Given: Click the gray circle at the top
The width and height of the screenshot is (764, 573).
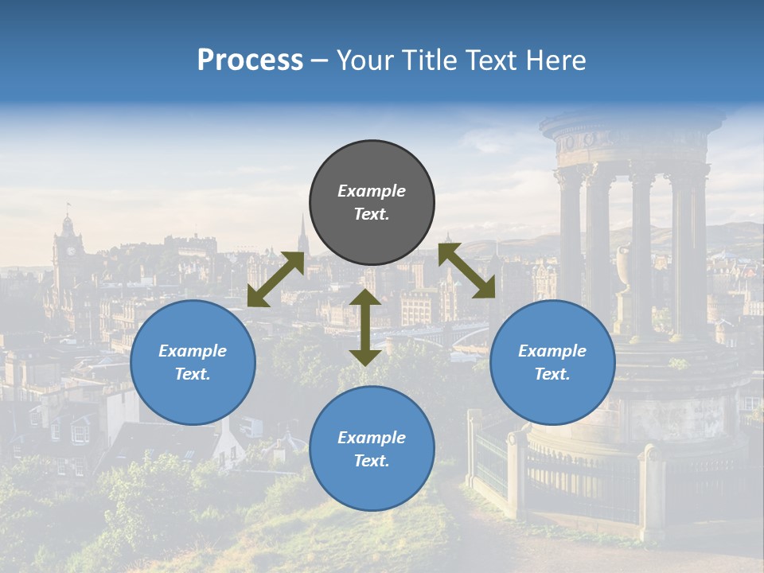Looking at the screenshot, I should point(372,203).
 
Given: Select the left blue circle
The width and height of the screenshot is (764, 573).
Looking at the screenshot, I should point(193,362).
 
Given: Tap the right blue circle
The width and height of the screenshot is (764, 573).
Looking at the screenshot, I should point(552,362).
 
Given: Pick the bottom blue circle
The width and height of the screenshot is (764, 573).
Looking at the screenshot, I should point(372,448).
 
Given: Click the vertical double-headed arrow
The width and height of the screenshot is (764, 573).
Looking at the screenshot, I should point(365,327).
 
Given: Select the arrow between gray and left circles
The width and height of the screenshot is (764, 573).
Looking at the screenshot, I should point(275,279).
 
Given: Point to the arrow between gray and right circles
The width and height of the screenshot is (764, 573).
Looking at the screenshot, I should point(466,271).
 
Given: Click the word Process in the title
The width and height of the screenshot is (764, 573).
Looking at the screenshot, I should point(250,60).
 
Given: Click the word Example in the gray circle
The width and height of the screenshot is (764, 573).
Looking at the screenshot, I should point(372,191).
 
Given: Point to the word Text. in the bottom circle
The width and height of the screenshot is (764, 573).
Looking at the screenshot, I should point(372,461).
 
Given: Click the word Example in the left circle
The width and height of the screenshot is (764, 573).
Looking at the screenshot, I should point(193,351).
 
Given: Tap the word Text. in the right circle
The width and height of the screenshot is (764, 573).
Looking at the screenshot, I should point(552,374).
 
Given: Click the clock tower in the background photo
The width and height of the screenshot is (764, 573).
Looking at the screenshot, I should point(68,247).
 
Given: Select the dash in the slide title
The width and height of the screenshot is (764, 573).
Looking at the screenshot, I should point(320,60).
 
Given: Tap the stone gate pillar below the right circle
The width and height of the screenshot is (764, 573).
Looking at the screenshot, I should point(516,470).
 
